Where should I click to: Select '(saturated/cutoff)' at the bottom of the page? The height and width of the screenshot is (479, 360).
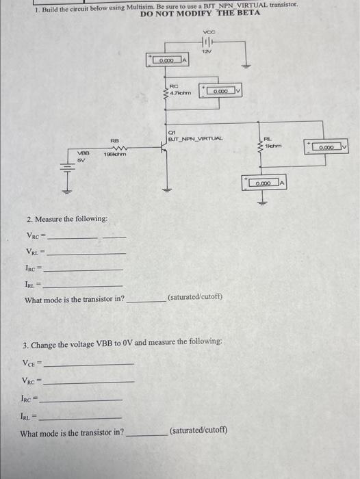pyautogui.click(x=198, y=430)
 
